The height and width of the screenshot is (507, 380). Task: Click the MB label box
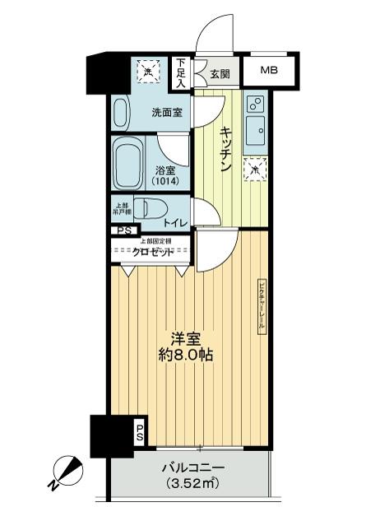269,71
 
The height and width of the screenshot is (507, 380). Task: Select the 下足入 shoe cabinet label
181,72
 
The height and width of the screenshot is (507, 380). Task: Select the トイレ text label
174,222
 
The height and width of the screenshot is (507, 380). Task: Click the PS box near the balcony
139,431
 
